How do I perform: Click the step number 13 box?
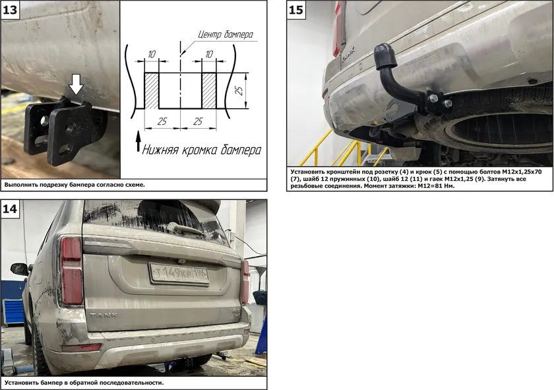point(10,9)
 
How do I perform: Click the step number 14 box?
point(10,209)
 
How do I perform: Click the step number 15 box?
point(295,9)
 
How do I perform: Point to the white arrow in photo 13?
point(76,84)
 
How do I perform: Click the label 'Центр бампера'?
point(226,34)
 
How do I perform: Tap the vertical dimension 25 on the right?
point(239,90)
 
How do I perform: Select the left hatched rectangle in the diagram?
point(152,90)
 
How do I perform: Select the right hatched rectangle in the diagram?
point(209,90)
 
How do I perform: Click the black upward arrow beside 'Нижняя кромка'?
point(138,141)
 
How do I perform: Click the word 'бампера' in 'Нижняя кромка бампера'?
point(241,150)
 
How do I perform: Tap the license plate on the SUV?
point(179,273)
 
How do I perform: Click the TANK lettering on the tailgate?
point(104,315)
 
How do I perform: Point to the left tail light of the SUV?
point(72,271)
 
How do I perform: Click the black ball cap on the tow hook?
point(385,57)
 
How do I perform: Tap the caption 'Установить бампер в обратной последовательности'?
point(84,383)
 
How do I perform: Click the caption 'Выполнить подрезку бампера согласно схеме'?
point(75,185)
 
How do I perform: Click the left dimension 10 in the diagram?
point(152,55)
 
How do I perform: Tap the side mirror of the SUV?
point(20,269)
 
